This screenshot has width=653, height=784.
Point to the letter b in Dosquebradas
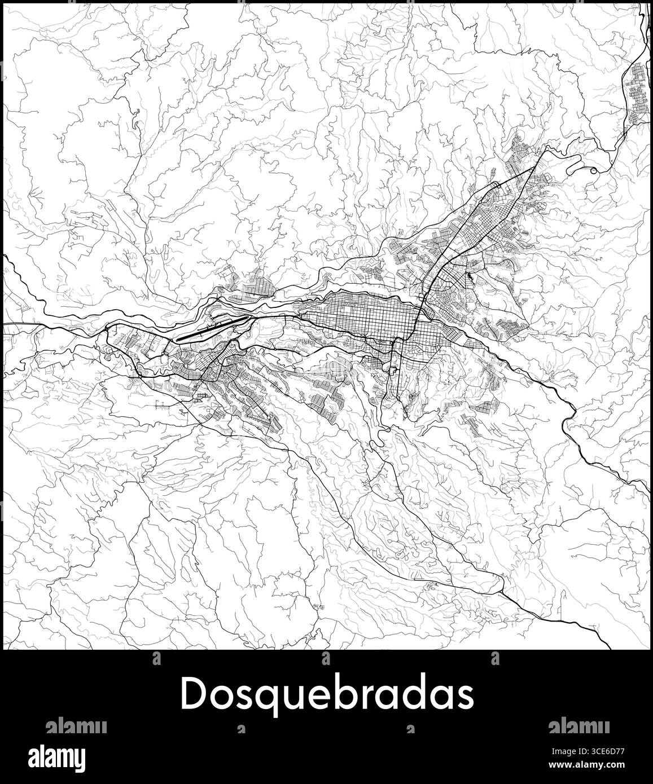[327, 693]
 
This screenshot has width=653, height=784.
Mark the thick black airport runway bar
[212, 329]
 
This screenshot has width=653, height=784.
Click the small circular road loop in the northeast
[593, 170]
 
